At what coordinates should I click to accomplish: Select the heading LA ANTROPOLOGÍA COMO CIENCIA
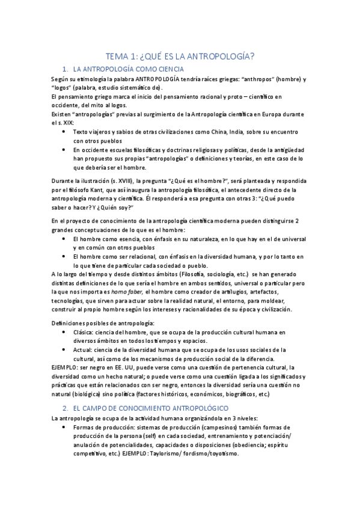pos(128,70)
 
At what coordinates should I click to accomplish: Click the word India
pos(246,132)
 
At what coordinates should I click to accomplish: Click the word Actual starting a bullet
pos(85,349)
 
